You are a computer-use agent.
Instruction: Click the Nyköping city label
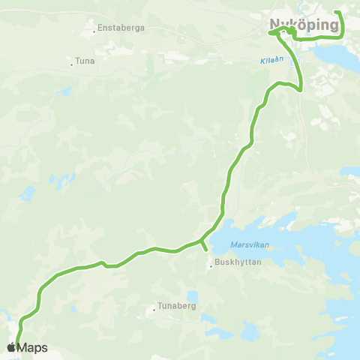(x=304, y=25)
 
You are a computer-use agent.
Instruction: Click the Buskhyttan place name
(x=237, y=262)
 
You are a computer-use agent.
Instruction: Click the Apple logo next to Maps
(x=11, y=347)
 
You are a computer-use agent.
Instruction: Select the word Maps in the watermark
(x=33, y=347)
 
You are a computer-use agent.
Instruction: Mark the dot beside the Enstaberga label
(x=94, y=31)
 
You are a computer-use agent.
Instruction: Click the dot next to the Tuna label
(x=72, y=64)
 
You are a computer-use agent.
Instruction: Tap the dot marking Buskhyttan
(x=211, y=263)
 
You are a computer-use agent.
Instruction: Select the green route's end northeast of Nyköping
(x=337, y=12)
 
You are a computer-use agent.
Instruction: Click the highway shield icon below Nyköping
(x=292, y=63)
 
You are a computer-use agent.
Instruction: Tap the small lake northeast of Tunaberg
(x=193, y=296)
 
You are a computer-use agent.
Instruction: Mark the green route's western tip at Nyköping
(x=270, y=33)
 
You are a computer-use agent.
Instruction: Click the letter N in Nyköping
(x=275, y=25)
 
